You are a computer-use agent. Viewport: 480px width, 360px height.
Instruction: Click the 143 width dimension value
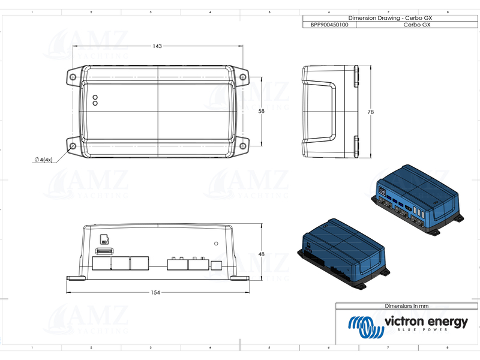pyautogui.click(x=157, y=46)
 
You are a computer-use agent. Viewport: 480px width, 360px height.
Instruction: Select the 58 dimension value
pyautogui.click(x=261, y=112)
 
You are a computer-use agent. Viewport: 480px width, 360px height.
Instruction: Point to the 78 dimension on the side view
pyautogui.click(x=370, y=112)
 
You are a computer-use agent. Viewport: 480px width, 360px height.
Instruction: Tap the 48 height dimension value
pyautogui.click(x=261, y=254)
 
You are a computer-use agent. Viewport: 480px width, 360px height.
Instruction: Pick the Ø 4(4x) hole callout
pyautogui.click(x=44, y=160)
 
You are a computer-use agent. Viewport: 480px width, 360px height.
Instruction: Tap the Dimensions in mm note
pyautogui.click(x=406, y=306)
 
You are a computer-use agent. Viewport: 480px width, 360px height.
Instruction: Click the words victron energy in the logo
pyautogui.click(x=425, y=322)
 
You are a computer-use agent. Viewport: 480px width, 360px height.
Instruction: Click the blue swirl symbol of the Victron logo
pyautogui.click(x=364, y=326)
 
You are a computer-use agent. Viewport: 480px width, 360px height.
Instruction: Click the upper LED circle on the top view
pyautogui.click(x=95, y=97)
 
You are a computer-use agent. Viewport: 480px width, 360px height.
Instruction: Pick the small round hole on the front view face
pyautogui.click(x=217, y=244)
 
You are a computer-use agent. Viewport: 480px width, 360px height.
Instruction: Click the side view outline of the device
pyautogui.click(x=330, y=112)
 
